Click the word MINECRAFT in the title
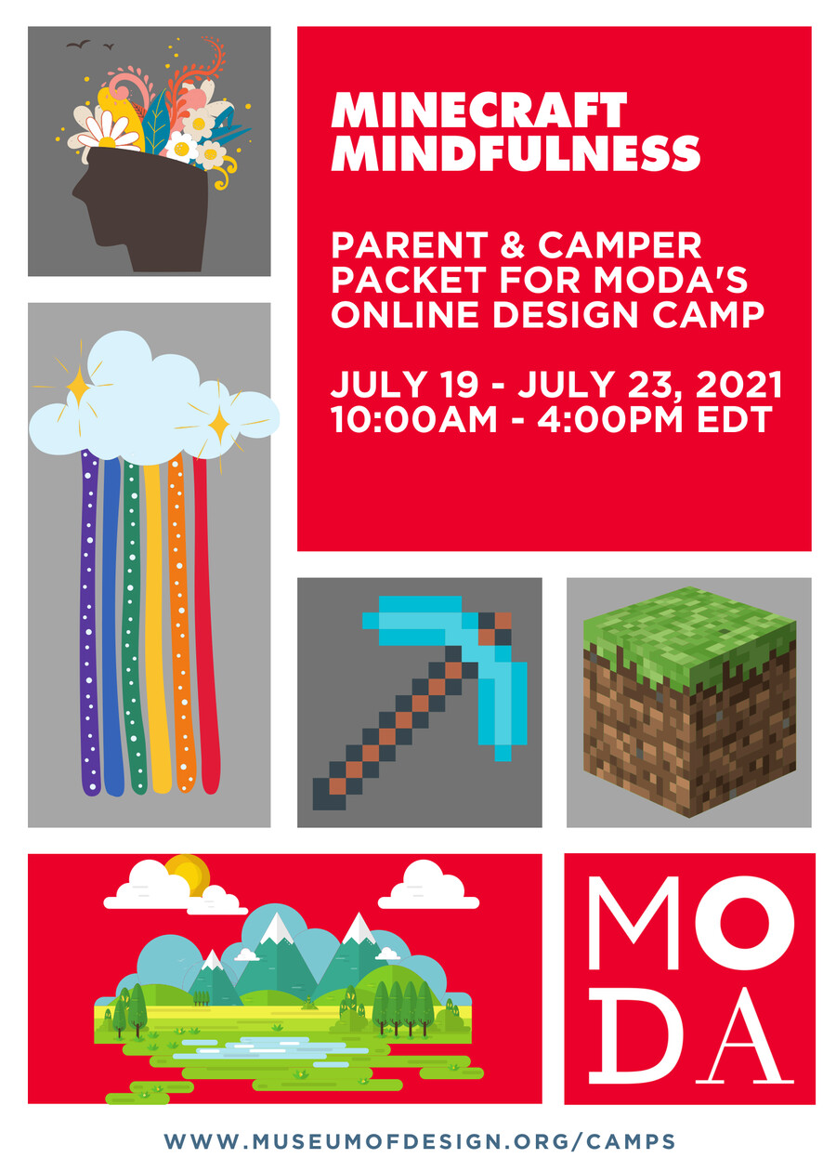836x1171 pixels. pyautogui.click(x=479, y=112)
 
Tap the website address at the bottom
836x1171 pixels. pyautogui.click(x=420, y=1140)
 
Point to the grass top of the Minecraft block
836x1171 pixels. pyautogui.click(x=687, y=623)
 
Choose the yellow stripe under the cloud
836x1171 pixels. pyautogui.click(x=156, y=623)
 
